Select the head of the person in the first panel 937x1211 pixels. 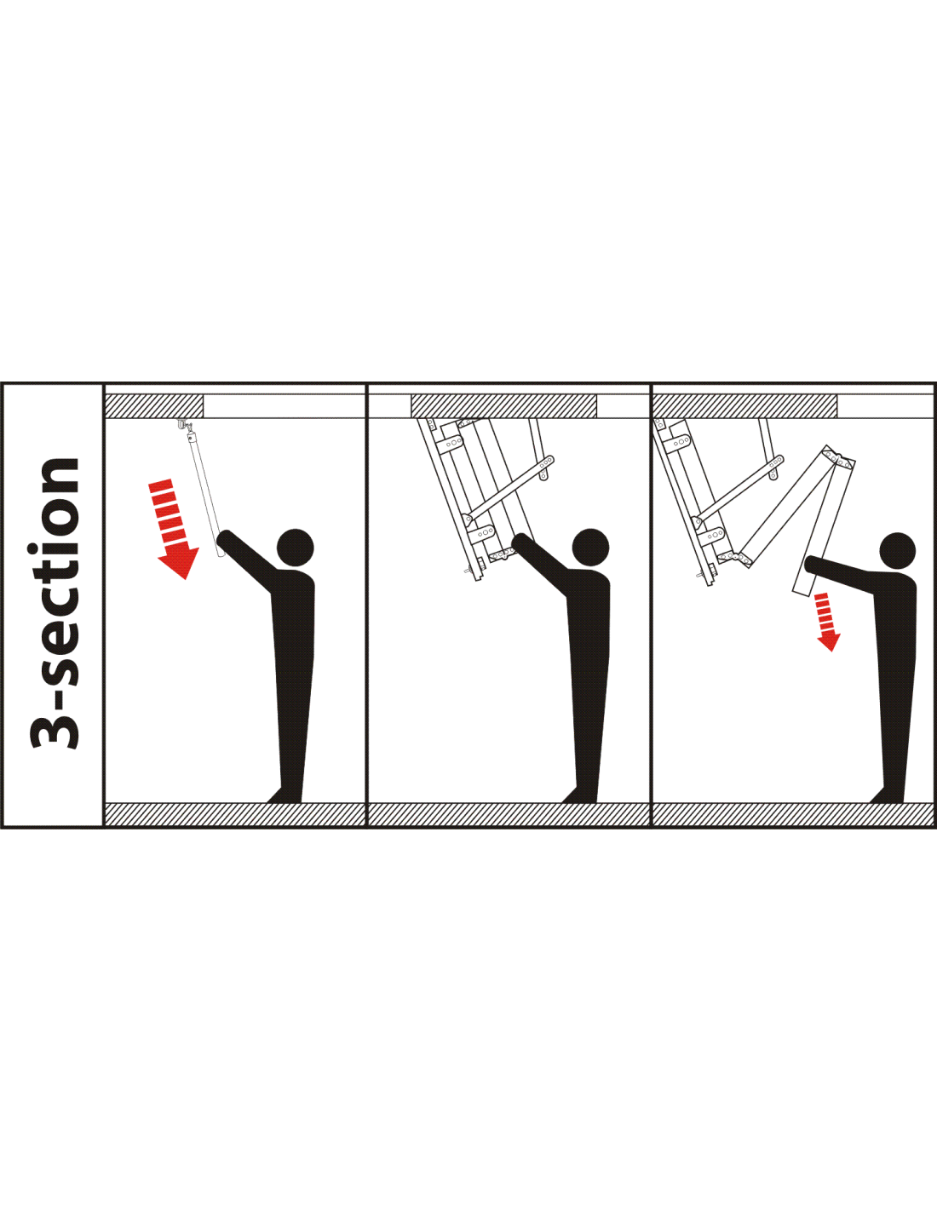tap(295, 548)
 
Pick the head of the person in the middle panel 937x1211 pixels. tap(590, 548)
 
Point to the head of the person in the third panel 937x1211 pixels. tap(898, 552)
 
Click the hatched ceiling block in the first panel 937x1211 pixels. tap(154, 405)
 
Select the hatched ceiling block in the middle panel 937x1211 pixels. tap(504, 405)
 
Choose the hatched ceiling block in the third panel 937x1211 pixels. tap(744, 405)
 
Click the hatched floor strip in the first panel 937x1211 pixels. tap(234, 814)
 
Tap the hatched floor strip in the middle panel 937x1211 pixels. tap(509, 814)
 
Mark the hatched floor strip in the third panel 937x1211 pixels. tap(793, 814)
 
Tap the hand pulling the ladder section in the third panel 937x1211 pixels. tap(812, 564)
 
